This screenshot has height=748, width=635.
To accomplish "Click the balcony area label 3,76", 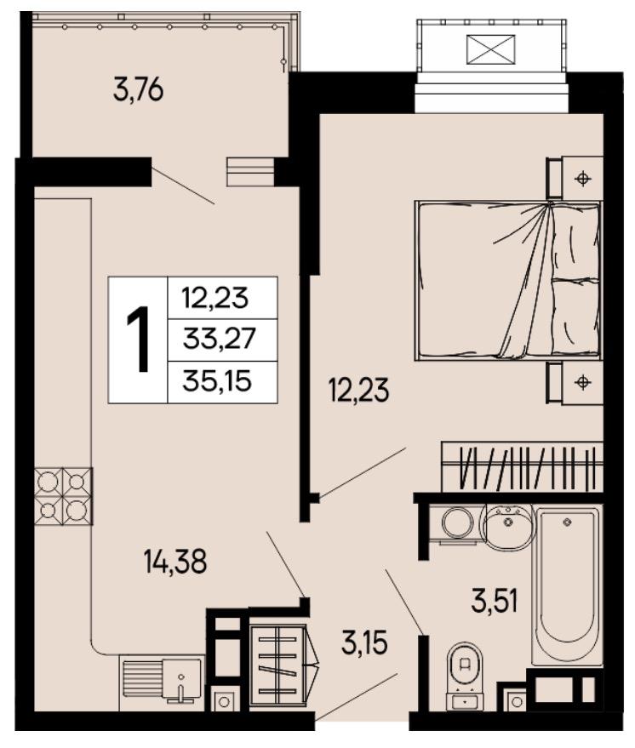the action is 139,91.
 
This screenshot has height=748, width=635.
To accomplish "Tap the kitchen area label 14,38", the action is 175,562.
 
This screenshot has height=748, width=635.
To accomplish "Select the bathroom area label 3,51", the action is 495,601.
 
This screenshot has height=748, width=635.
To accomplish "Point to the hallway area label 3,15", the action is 364,642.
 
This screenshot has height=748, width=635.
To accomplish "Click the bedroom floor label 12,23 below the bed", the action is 358,390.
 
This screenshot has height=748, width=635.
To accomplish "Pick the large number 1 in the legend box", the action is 139,340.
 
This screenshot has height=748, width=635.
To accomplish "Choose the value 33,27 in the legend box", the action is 220,340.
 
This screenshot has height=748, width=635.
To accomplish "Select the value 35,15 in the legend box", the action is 217,381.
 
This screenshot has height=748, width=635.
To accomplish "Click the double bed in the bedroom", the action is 508,280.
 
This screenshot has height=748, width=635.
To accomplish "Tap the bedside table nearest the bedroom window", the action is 575,178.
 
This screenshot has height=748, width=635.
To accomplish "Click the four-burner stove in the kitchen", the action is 64,496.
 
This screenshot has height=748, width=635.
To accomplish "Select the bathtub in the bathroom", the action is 567,585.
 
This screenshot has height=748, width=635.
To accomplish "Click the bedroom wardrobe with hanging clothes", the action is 522,467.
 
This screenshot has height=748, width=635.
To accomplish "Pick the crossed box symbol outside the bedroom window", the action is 491,49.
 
